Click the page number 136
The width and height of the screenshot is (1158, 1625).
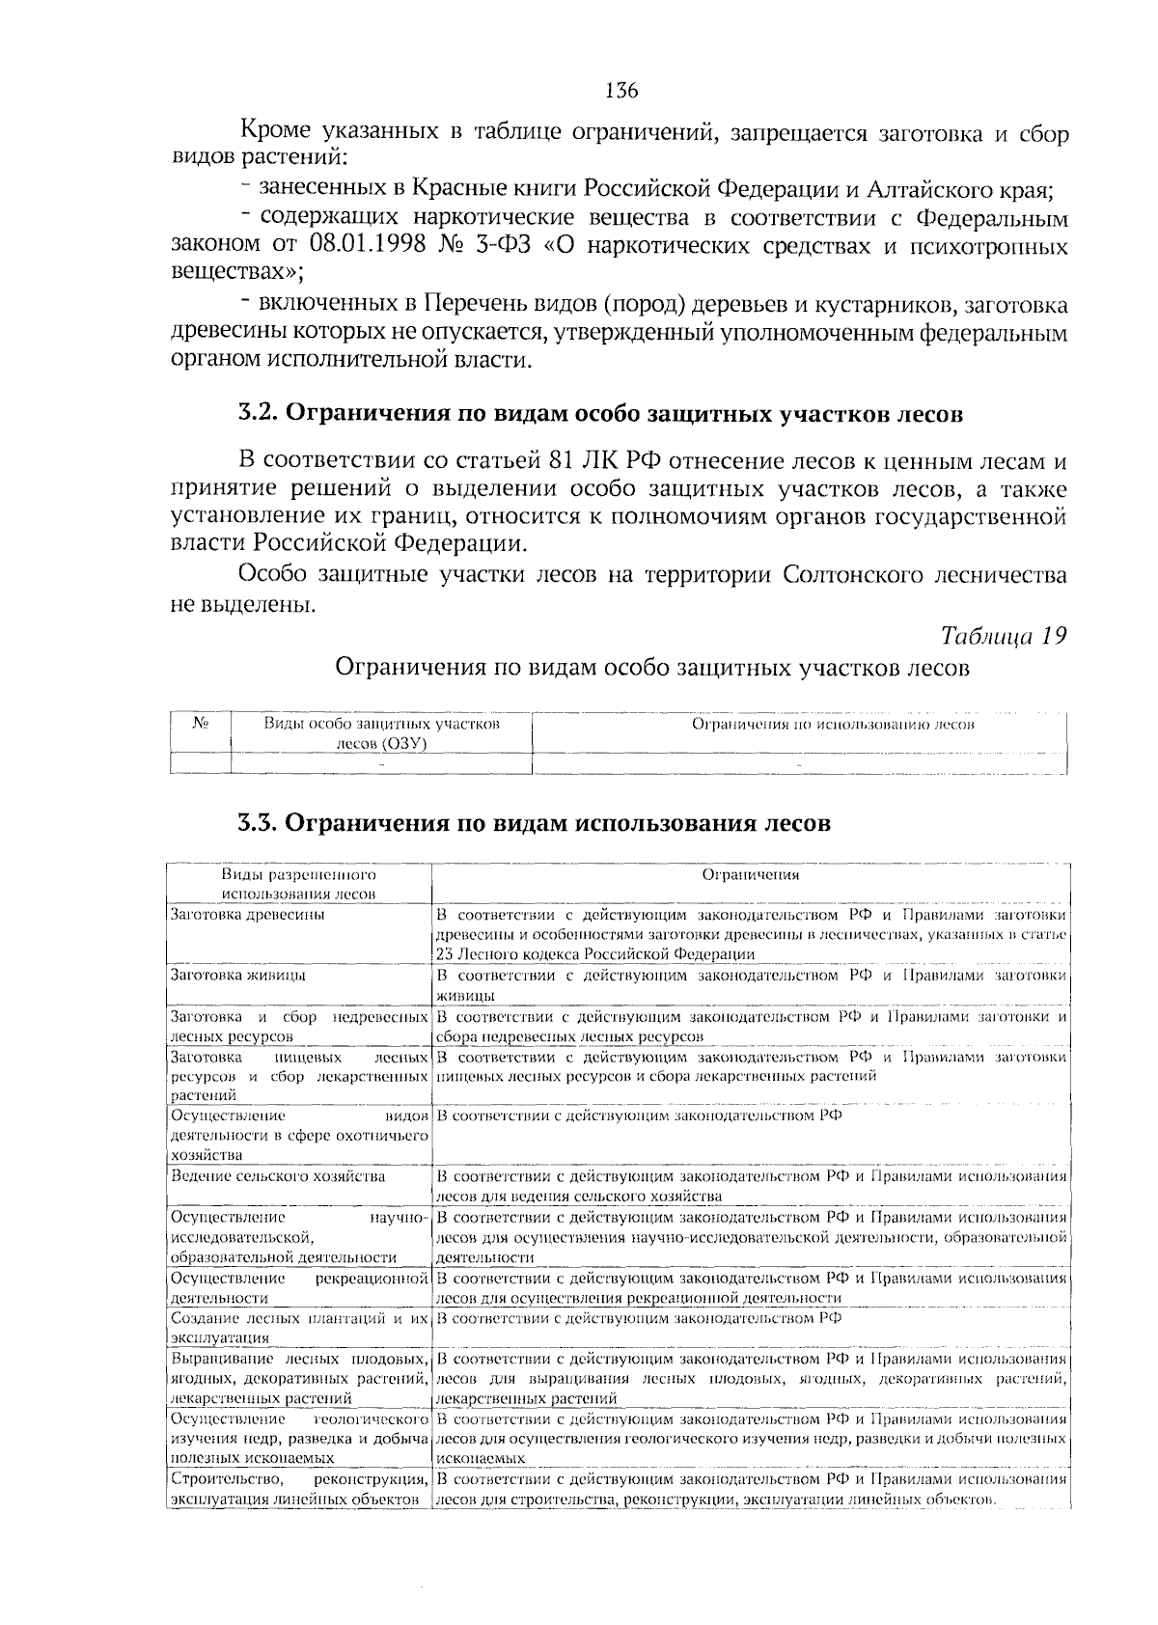click(x=621, y=91)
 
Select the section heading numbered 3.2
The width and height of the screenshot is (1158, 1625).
click(x=600, y=414)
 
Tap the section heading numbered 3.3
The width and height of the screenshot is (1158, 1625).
click(x=534, y=824)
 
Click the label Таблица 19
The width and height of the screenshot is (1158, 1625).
click(x=1004, y=636)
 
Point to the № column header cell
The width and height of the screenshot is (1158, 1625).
click(x=201, y=724)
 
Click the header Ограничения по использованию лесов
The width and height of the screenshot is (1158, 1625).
click(x=834, y=724)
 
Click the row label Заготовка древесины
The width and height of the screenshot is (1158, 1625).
click(x=247, y=914)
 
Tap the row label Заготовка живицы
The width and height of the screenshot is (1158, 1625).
click(x=238, y=975)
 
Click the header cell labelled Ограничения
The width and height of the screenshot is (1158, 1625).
click(x=750, y=875)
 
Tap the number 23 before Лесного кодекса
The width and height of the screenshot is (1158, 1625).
click(x=445, y=953)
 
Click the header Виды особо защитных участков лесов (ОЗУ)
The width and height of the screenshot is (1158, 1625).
click(x=381, y=733)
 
